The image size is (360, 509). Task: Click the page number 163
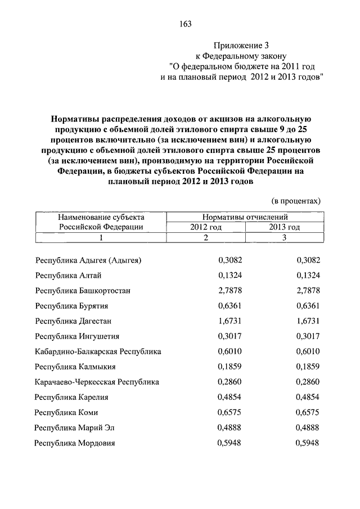186,24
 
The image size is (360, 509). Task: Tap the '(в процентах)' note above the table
296,200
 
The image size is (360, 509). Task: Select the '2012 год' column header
205,227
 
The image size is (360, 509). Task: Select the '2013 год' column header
284,227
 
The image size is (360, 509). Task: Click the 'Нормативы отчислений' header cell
245,217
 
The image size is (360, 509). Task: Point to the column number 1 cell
102,237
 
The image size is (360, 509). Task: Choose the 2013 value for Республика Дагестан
308,321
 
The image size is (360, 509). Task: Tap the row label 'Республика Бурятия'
71,305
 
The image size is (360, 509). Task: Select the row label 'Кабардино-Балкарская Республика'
98,351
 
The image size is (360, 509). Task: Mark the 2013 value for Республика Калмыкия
308,366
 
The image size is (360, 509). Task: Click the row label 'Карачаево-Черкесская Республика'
97,381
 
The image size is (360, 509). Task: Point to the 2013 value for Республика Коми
308,412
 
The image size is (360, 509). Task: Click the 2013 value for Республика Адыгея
308,260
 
